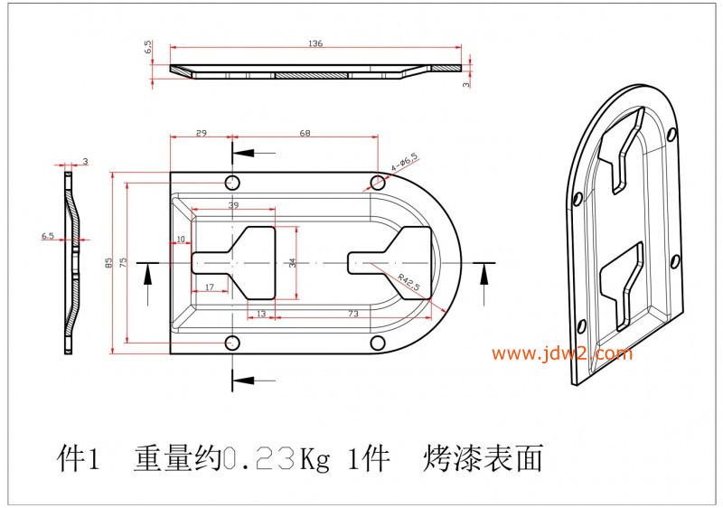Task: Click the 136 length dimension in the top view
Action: (x=315, y=43)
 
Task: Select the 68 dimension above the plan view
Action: (x=305, y=133)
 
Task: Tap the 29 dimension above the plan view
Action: (x=201, y=133)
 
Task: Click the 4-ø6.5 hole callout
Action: (x=404, y=163)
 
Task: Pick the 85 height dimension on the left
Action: (x=108, y=263)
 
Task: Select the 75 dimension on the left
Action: (x=123, y=263)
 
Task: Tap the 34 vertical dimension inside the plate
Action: (x=292, y=263)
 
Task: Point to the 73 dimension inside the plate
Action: (x=353, y=314)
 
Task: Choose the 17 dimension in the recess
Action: (x=209, y=287)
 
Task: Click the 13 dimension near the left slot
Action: (x=260, y=314)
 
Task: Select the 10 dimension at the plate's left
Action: (x=181, y=240)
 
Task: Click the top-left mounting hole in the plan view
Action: (x=232, y=182)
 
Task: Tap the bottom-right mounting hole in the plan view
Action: (x=377, y=344)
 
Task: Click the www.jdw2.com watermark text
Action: (x=562, y=353)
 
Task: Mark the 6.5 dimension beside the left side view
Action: (x=48, y=237)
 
